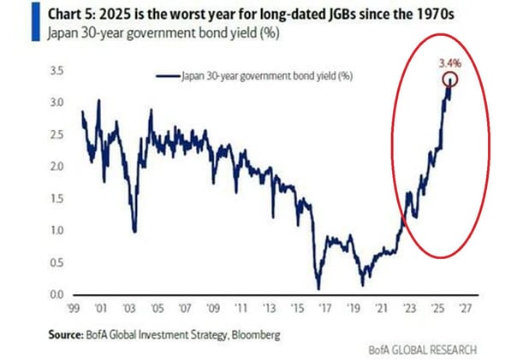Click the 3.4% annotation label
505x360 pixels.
pos(449,63)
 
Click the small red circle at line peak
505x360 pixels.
pos(449,79)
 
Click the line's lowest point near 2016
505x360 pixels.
pos(318,289)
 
